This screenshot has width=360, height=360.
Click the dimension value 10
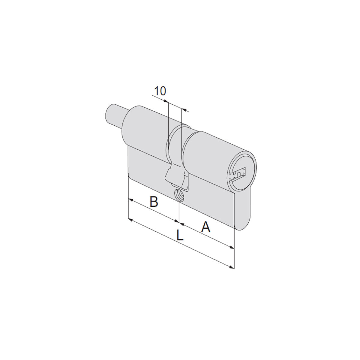[x=160, y=91]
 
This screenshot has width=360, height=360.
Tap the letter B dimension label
[x=154, y=202]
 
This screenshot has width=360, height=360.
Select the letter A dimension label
[x=205, y=227]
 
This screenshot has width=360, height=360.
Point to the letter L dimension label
[x=180, y=235]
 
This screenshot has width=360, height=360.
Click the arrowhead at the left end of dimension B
[x=131, y=200]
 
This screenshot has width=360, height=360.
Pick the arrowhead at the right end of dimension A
[x=232, y=247]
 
